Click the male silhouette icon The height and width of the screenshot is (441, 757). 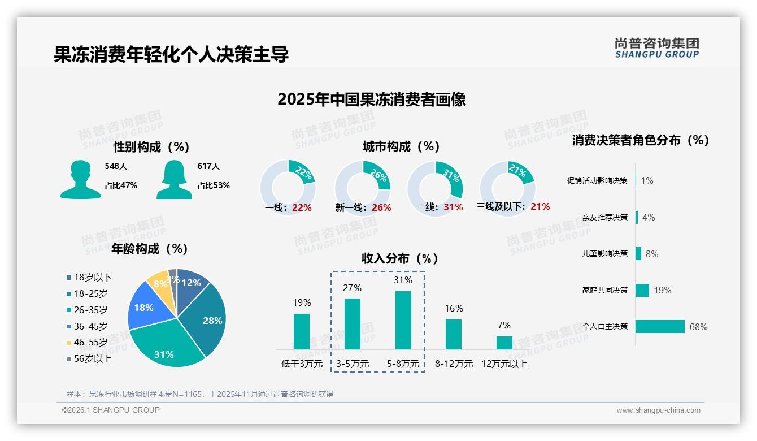click(81, 180)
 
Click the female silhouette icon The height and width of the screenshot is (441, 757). click(174, 180)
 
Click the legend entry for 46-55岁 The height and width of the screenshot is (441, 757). click(90, 343)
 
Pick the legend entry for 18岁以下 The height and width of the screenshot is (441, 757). click(92, 277)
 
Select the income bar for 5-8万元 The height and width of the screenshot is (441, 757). click(403, 320)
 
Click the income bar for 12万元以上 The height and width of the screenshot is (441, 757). click(504, 343)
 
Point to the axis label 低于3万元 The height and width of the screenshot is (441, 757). click(302, 364)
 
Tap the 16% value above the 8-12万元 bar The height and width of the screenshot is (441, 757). click(454, 308)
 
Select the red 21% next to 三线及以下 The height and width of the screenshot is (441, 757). click(540, 207)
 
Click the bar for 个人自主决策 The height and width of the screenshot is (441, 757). click(659, 326)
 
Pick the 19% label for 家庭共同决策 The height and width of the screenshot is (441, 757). click(663, 291)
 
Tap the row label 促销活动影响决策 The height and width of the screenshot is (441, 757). click(597, 181)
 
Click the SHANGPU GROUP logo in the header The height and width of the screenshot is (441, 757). click(656, 47)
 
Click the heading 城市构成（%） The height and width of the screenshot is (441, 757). click(401, 147)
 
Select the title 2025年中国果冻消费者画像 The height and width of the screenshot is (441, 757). click(372, 100)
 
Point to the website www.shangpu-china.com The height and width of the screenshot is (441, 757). click(658, 410)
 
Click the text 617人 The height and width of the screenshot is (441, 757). click(208, 166)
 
